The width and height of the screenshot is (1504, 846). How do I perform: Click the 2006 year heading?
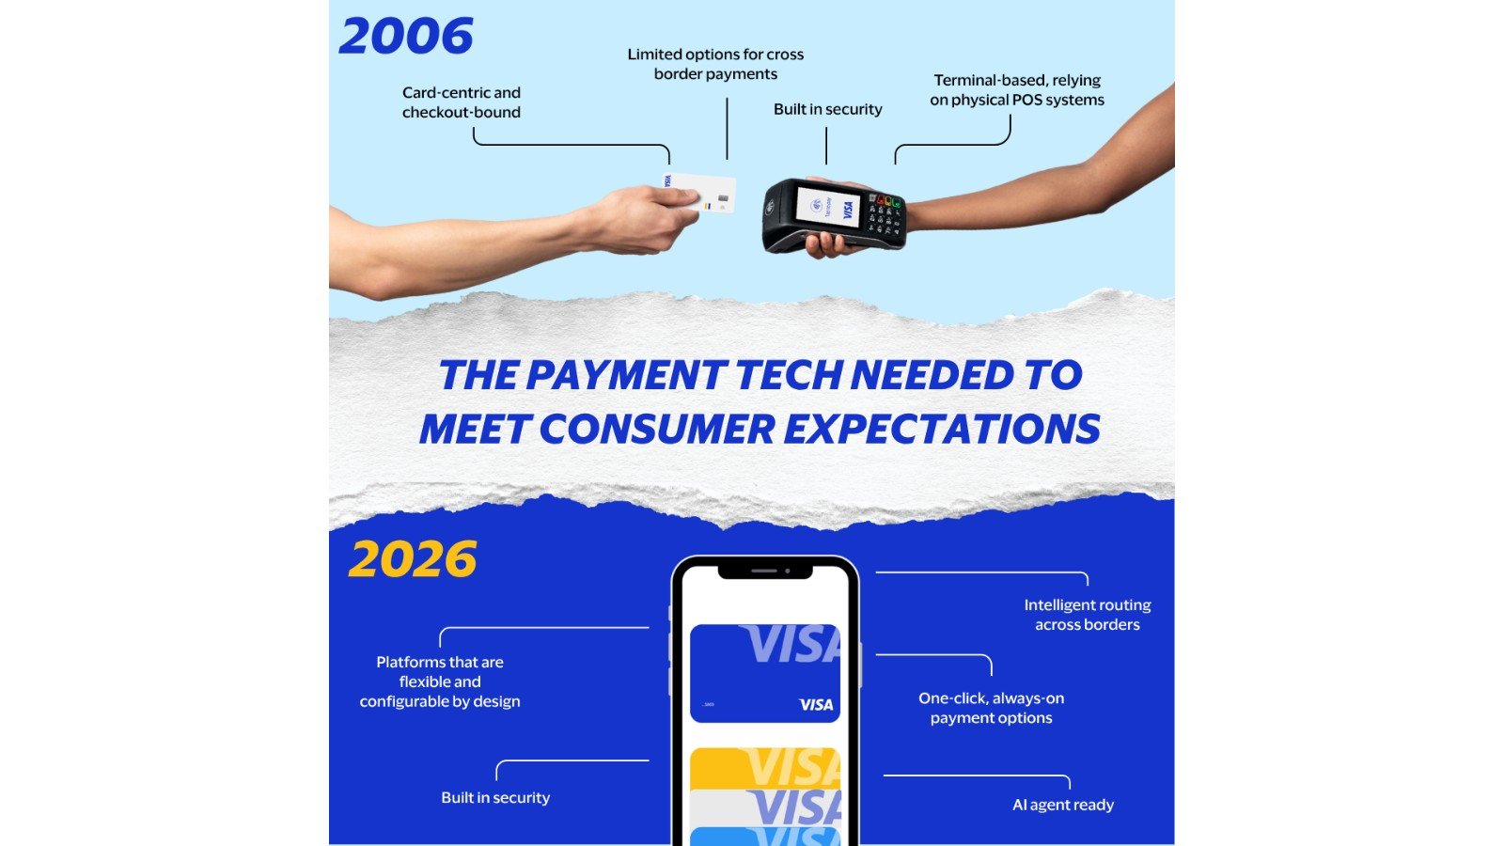click(406, 37)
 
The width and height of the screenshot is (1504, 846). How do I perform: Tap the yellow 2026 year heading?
click(413, 559)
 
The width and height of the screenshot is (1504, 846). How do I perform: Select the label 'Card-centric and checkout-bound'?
click(461, 102)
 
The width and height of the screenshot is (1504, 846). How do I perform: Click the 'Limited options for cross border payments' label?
click(715, 64)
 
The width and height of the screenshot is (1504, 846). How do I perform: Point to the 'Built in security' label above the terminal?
click(827, 109)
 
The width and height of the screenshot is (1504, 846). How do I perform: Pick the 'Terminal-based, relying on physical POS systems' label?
click(1017, 90)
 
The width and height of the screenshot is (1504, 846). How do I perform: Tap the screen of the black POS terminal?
click(826, 206)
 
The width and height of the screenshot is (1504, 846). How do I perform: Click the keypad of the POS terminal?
click(885, 214)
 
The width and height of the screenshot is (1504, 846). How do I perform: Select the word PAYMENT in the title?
click(627, 375)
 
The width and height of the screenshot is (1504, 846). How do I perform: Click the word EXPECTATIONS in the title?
click(942, 430)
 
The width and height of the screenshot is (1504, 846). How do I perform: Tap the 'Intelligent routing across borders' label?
click(1087, 615)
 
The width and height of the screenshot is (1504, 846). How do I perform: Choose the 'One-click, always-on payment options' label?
click(991, 708)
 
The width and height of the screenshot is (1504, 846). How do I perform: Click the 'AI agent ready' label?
click(1062, 805)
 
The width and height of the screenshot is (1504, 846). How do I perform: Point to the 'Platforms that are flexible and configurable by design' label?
click(440, 681)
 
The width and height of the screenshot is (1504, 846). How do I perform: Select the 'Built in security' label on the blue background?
click(495, 797)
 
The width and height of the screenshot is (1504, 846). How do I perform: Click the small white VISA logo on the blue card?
click(816, 705)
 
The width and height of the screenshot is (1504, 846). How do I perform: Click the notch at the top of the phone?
click(764, 571)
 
